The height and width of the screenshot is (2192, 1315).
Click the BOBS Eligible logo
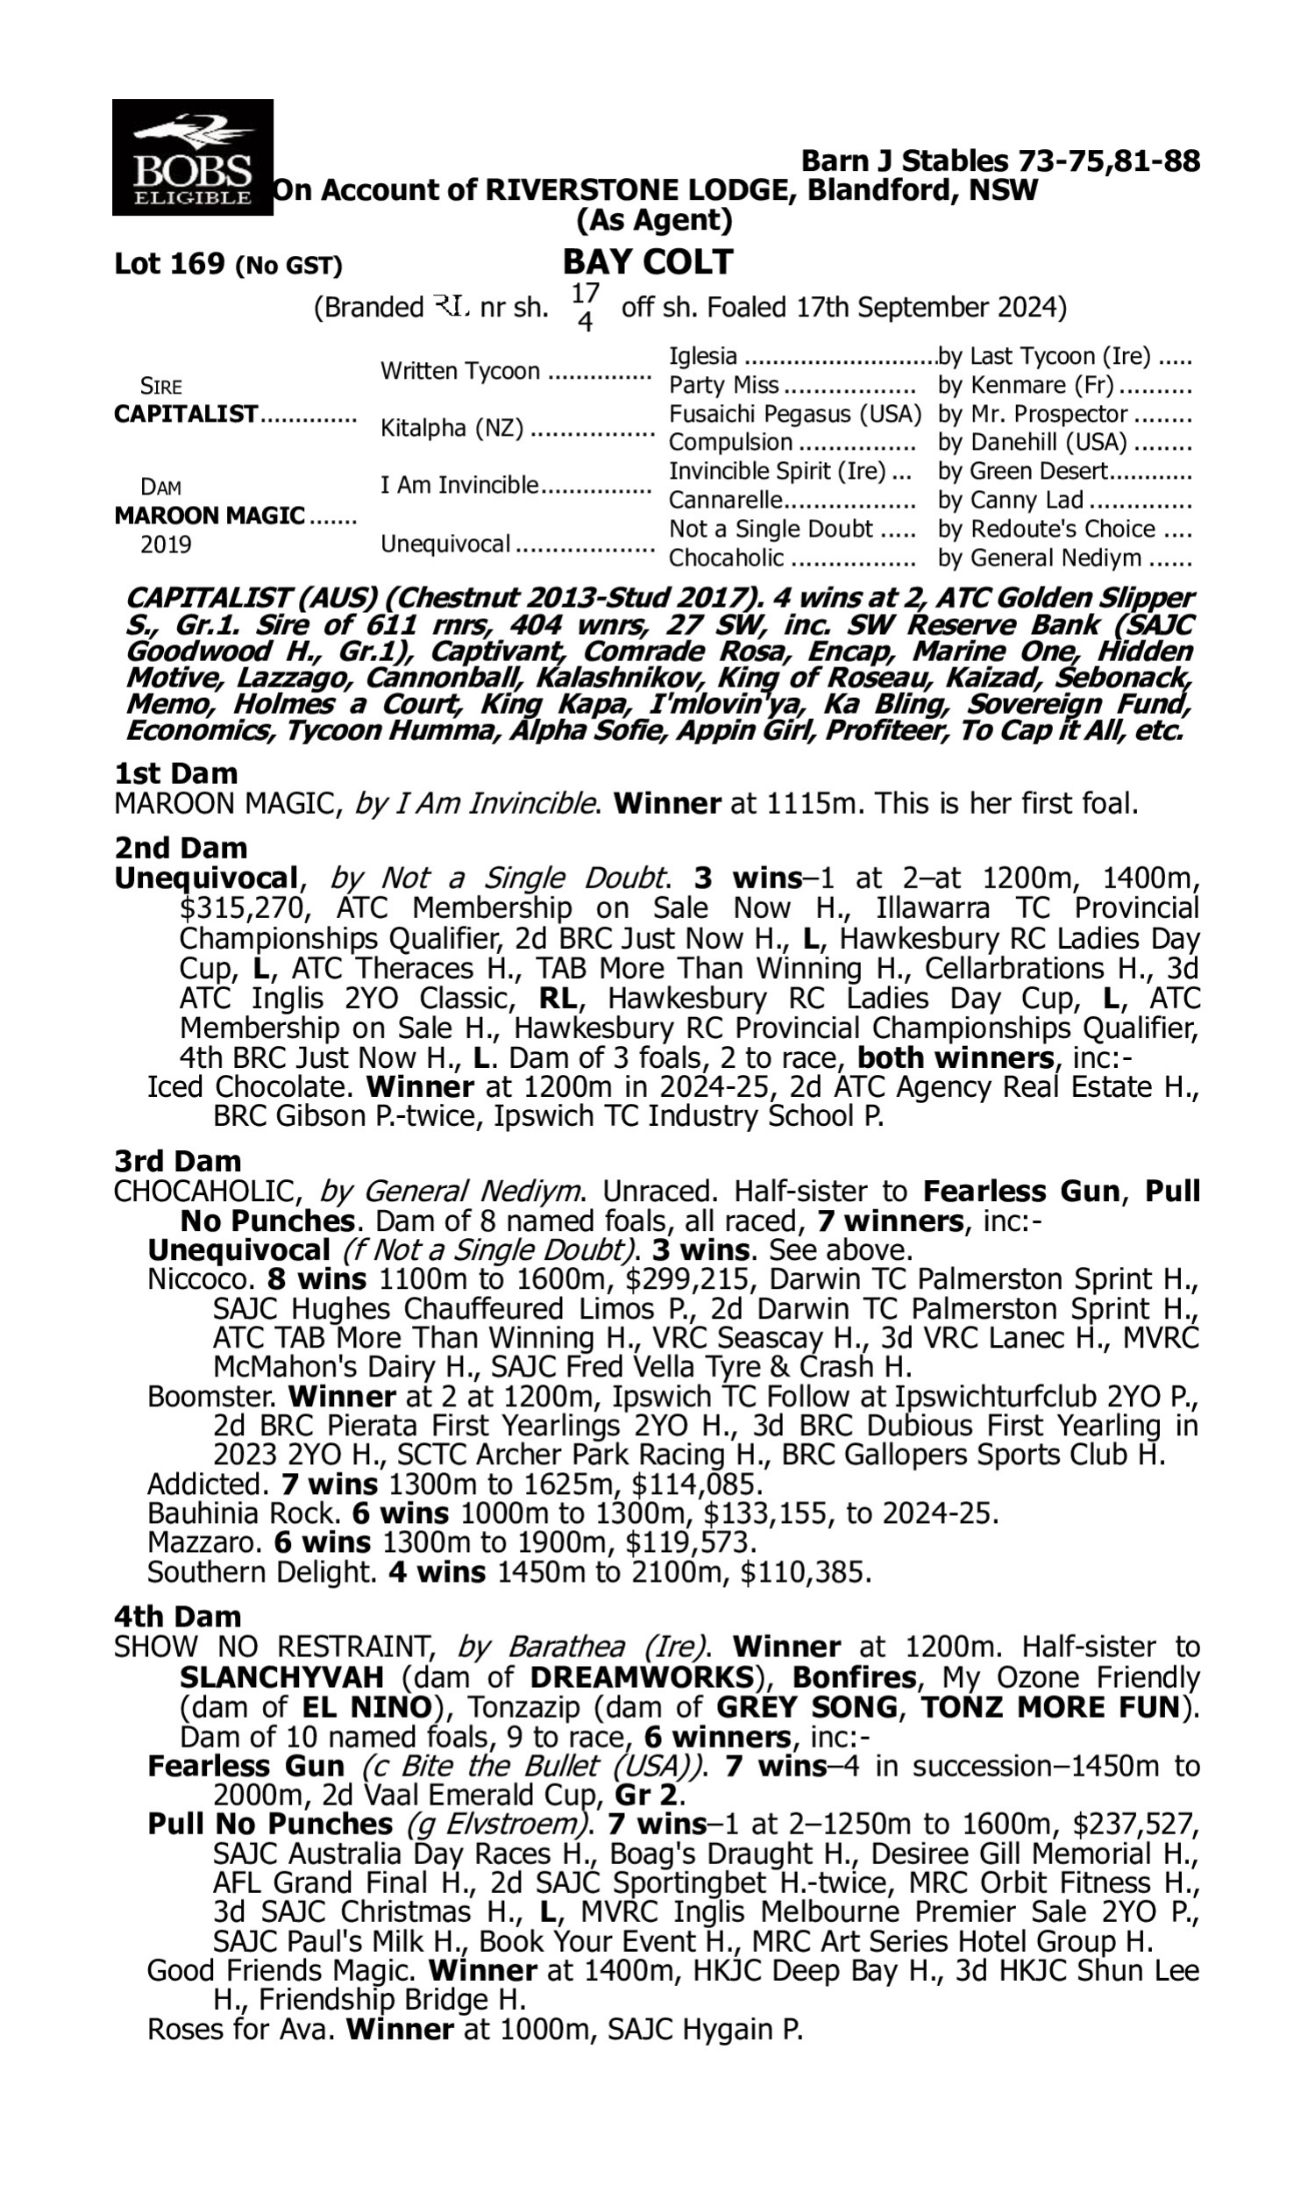click(x=192, y=157)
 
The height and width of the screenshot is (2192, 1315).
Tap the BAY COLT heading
click(x=648, y=262)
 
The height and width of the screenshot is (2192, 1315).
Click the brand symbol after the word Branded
click(x=451, y=308)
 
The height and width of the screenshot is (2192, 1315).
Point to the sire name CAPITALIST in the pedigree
click(x=186, y=414)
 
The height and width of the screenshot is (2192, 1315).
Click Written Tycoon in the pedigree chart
click(x=460, y=370)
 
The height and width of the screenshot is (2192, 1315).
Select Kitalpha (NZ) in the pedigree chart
click(x=451, y=428)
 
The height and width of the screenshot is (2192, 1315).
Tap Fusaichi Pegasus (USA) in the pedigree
click(x=795, y=414)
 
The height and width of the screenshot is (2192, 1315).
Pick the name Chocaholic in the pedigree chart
click(x=726, y=559)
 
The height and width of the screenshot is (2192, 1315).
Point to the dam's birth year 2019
click(x=166, y=544)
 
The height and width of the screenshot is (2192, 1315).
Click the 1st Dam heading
click(x=176, y=773)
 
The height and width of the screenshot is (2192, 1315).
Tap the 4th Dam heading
click(x=177, y=1616)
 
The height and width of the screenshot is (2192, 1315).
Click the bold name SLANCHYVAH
click(x=281, y=1677)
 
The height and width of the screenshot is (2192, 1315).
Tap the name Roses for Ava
click(x=239, y=2029)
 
